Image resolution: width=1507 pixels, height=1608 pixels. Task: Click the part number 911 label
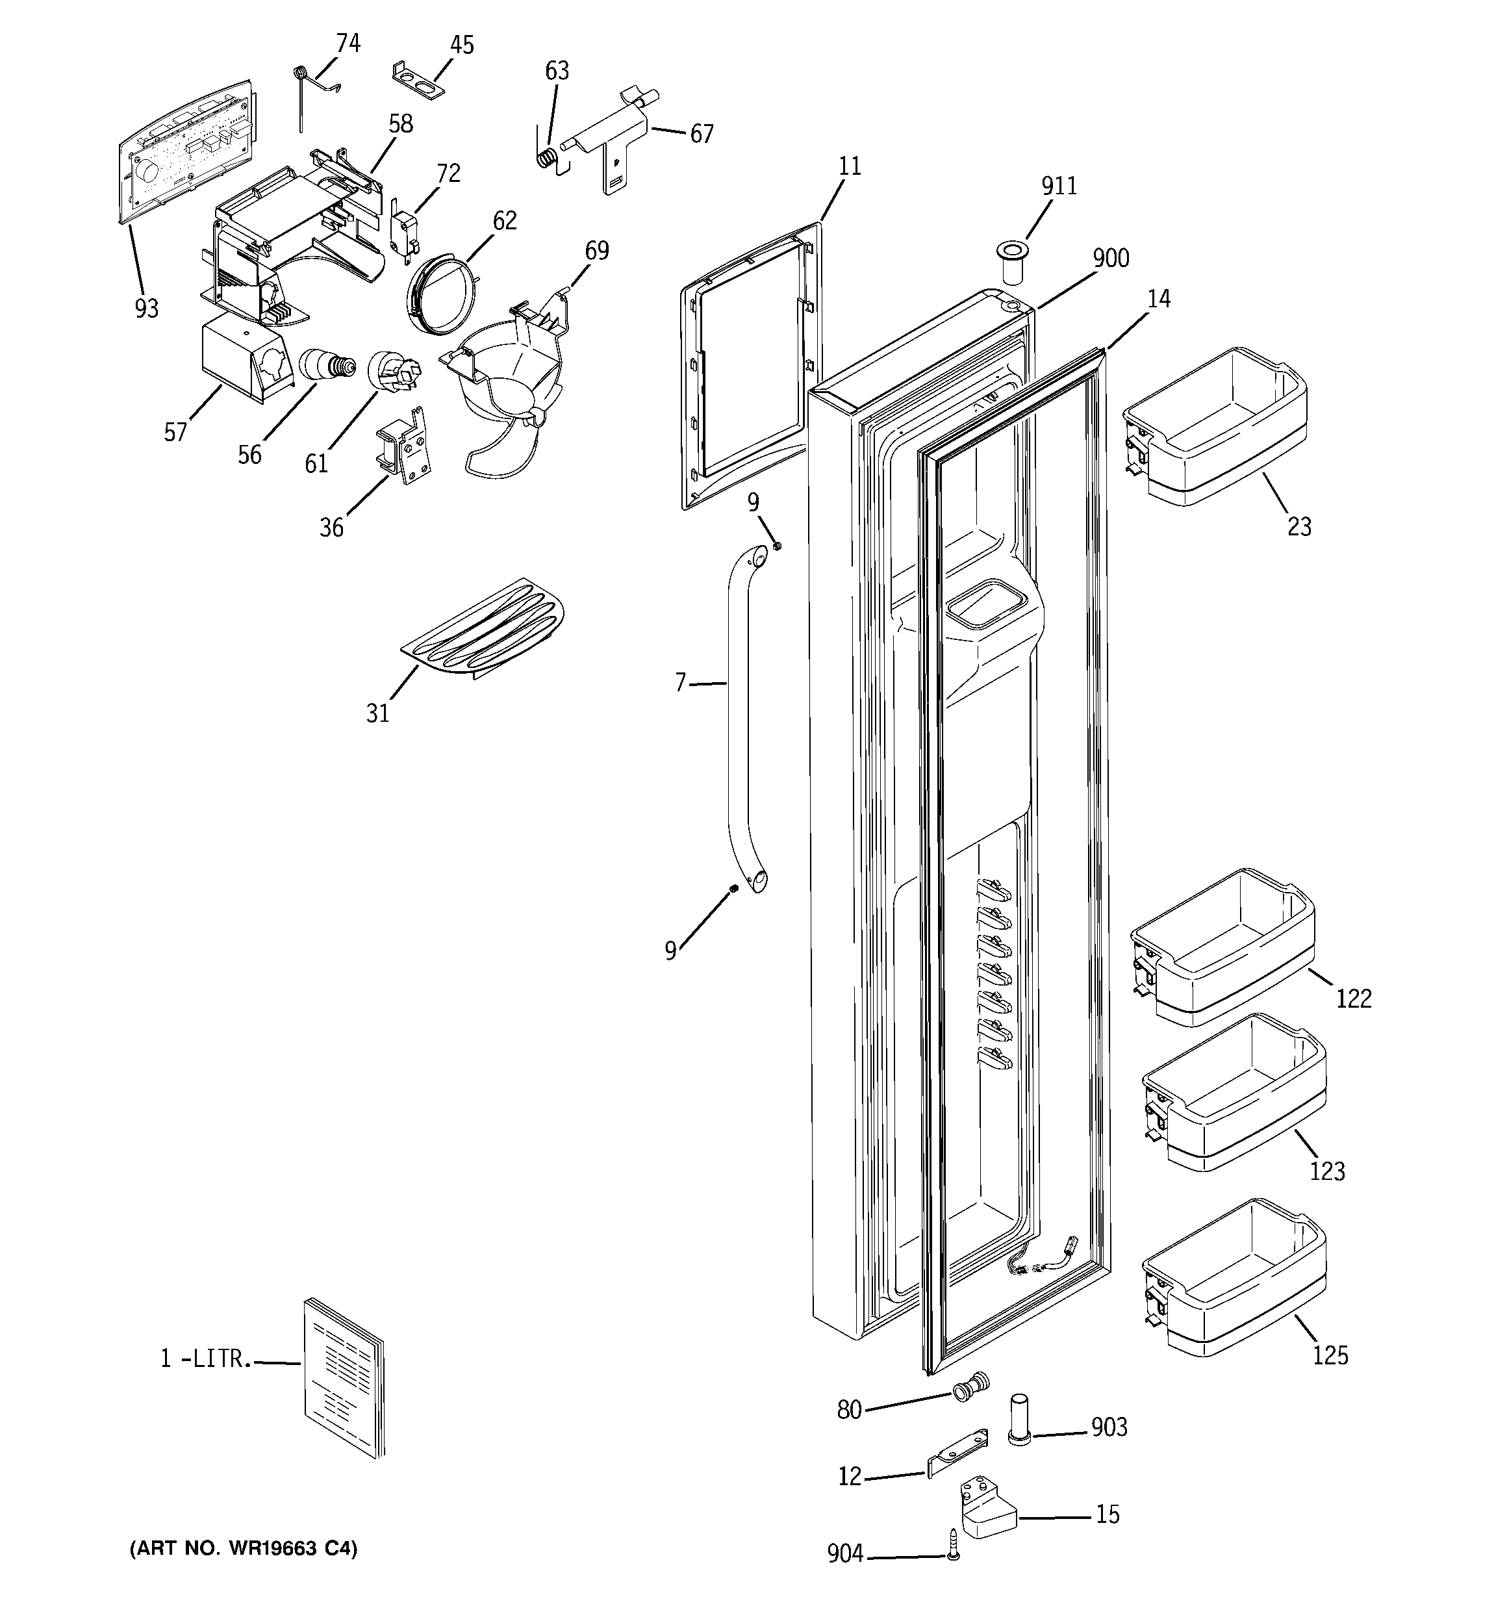pyautogui.click(x=1058, y=187)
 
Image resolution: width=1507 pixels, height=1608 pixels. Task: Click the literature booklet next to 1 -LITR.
pyautogui.click(x=344, y=1389)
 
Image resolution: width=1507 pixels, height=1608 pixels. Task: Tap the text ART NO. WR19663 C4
pyautogui.click(x=244, y=1549)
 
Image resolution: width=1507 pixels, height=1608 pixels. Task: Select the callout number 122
pyautogui.click(x=1353, y=1000)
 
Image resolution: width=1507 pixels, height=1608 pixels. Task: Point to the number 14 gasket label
pyautogui.click(x=1158, y=300)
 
